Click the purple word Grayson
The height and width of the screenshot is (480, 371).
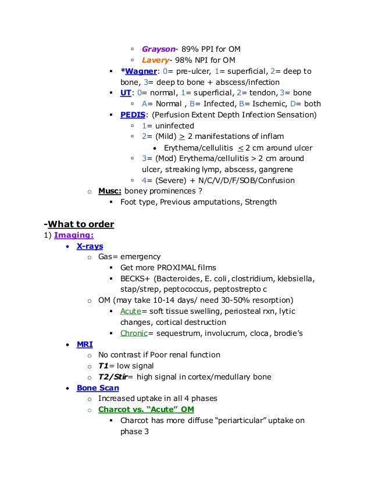point(158,49)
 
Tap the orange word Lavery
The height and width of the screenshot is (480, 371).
point(156,60)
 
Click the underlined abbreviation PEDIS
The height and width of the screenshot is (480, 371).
point(133,114)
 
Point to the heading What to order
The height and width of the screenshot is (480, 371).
point(80,224)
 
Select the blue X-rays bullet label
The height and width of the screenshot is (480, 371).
point(90,246)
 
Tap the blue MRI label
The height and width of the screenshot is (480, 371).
point(85,344)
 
